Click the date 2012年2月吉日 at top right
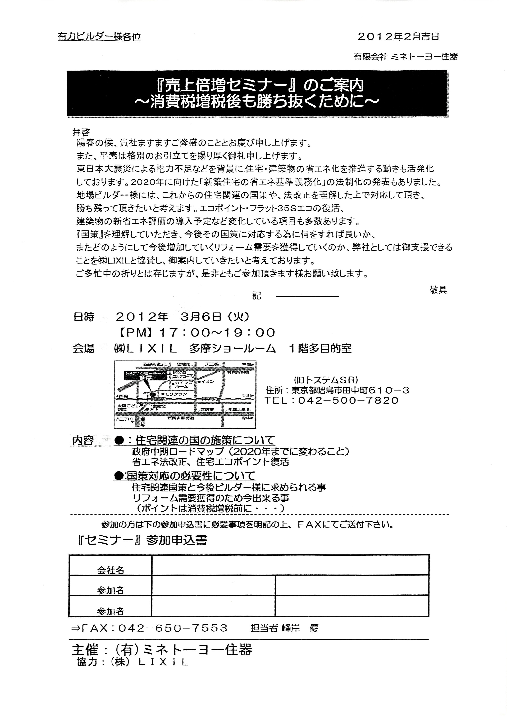pos(398,37)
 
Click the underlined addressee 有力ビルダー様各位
pos(99,37)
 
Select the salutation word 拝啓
pos(81,132)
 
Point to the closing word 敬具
pos(438,290)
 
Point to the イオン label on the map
pos(208,381)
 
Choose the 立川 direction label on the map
pos(246,396)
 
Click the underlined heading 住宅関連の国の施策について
pos(205,441)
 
